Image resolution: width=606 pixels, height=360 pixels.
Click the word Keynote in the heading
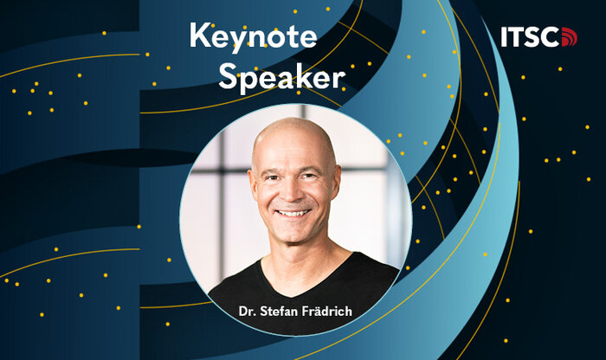(253, 36)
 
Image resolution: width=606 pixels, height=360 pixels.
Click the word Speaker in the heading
(281, 77)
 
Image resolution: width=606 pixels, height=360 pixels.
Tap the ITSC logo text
(531, 37)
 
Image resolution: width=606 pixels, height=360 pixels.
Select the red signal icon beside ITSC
(569, 37)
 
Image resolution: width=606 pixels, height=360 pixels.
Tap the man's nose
(293, 192)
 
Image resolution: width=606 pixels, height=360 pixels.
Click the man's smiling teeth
(293, 212)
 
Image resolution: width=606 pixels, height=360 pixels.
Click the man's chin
(294, 236)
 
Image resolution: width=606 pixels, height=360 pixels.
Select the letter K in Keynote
(199, 35)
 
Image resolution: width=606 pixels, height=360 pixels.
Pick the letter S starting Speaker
(227, 75)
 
